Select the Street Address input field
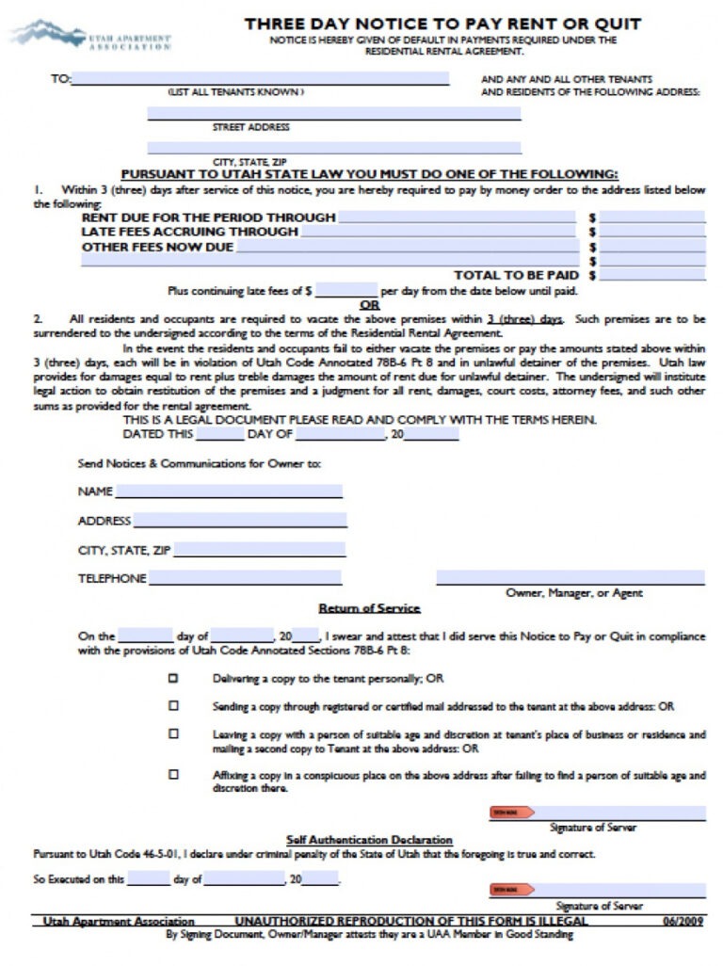coord(334,114)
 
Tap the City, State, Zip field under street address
coord(334,148)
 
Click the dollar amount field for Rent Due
coord(651,217)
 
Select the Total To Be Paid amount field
coord(651,276)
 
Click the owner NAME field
coord(229,491)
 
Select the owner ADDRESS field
coord(239,521)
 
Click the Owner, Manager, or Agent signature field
coord(570,577)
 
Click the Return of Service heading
coord(369,608)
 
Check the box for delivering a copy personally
coord(173,677)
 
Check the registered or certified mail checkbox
coord(173,705)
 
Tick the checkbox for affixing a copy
coord(173,775)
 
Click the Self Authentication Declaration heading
coord(369,839)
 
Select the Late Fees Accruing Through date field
coord(457,232)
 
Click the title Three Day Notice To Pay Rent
coord(442,23)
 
